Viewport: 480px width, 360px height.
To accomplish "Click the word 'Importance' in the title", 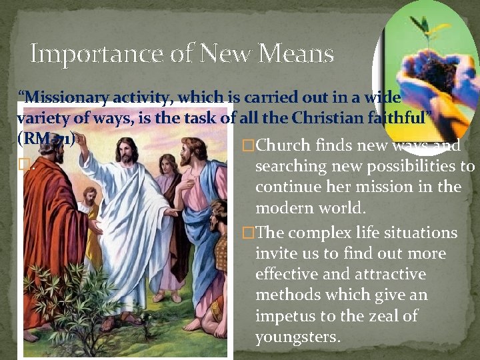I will (83, 53).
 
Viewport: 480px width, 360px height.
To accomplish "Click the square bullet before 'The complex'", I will (248, 233).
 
